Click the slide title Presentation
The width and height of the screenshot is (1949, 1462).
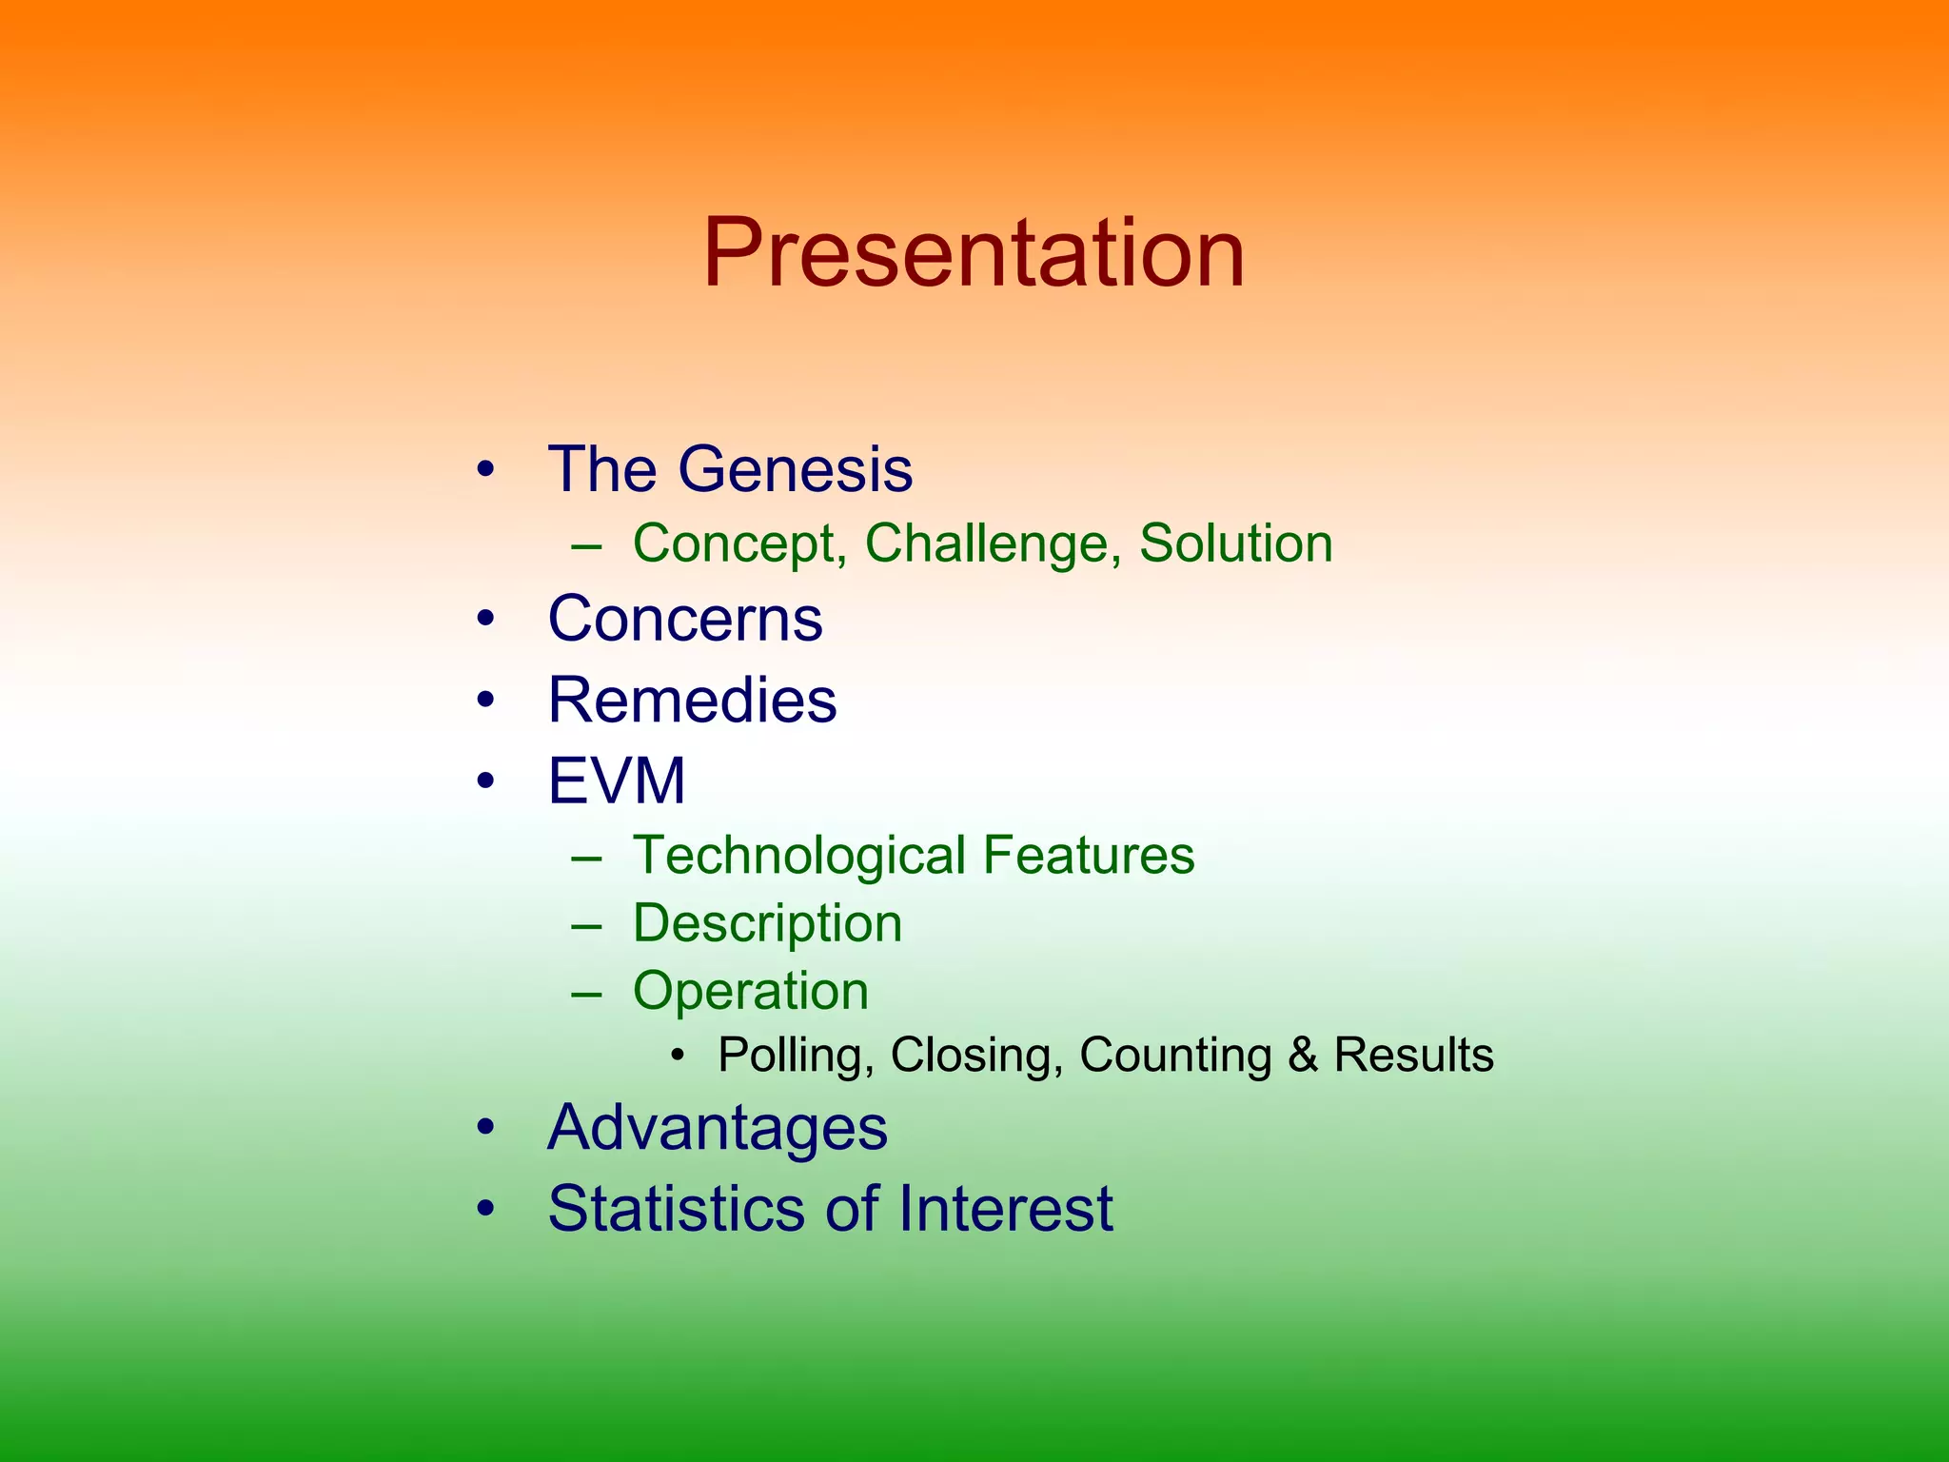[x=974, y=253]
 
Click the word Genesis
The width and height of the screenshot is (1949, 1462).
[x=795, y=469]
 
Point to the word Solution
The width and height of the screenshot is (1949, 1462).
[x=1235, y=543]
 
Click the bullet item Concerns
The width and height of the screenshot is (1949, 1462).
[x=685, y=619]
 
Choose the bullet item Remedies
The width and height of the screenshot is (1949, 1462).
[x=692, y=700]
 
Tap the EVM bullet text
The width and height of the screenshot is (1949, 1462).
[x=617, y=780]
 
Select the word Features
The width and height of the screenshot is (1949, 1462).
[x=1088, y=855]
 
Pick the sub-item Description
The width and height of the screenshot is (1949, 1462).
[x=767, y=923]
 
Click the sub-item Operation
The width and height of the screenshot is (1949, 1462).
[x=751, y=991]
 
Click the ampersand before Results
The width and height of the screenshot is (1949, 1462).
[x=1303, y=1055]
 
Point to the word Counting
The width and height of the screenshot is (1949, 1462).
[x=1174, y=1056]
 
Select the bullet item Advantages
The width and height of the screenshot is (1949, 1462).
[x=718, y=1128]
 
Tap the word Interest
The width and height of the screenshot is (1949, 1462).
[x=1005, y=1209]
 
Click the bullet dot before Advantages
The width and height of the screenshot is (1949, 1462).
[x=486, y=1128]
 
